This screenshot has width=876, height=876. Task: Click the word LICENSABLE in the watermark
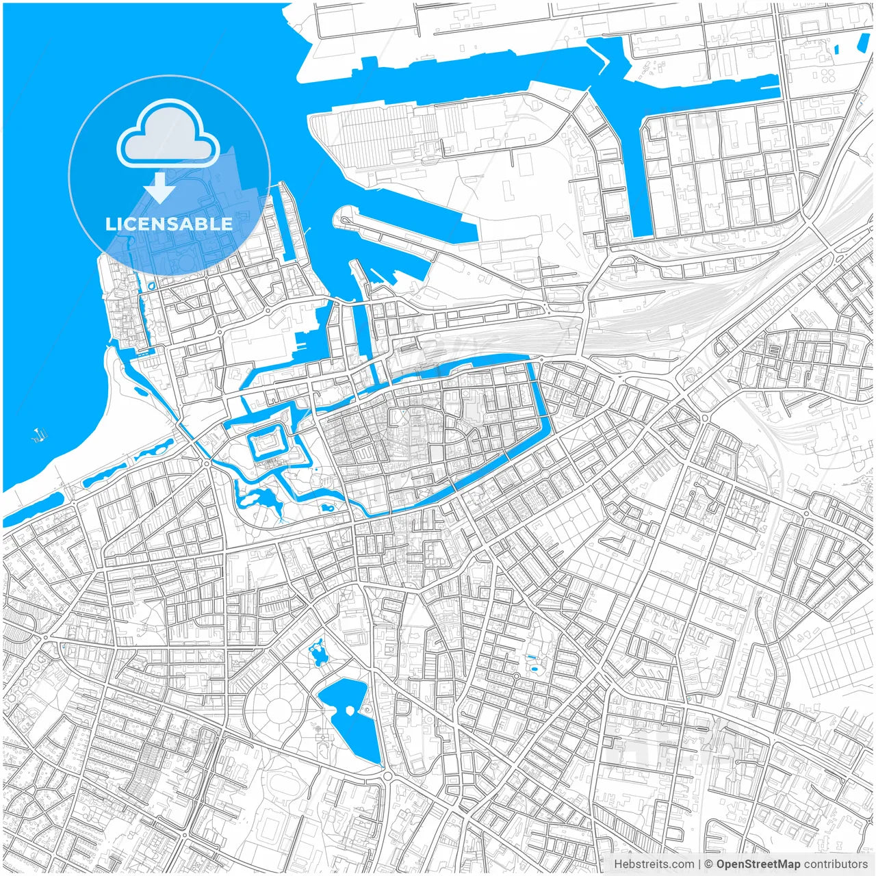click(169, 224)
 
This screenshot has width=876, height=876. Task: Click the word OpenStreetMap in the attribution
click(758, 864)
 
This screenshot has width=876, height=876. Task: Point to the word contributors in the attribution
click(836, 864)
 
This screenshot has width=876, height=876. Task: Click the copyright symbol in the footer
click(709, 864)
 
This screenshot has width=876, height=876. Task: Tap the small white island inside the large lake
click(350, 710)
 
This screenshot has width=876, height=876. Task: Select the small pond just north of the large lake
click(318, 654)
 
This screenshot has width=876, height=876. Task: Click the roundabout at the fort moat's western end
click(206, 464)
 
